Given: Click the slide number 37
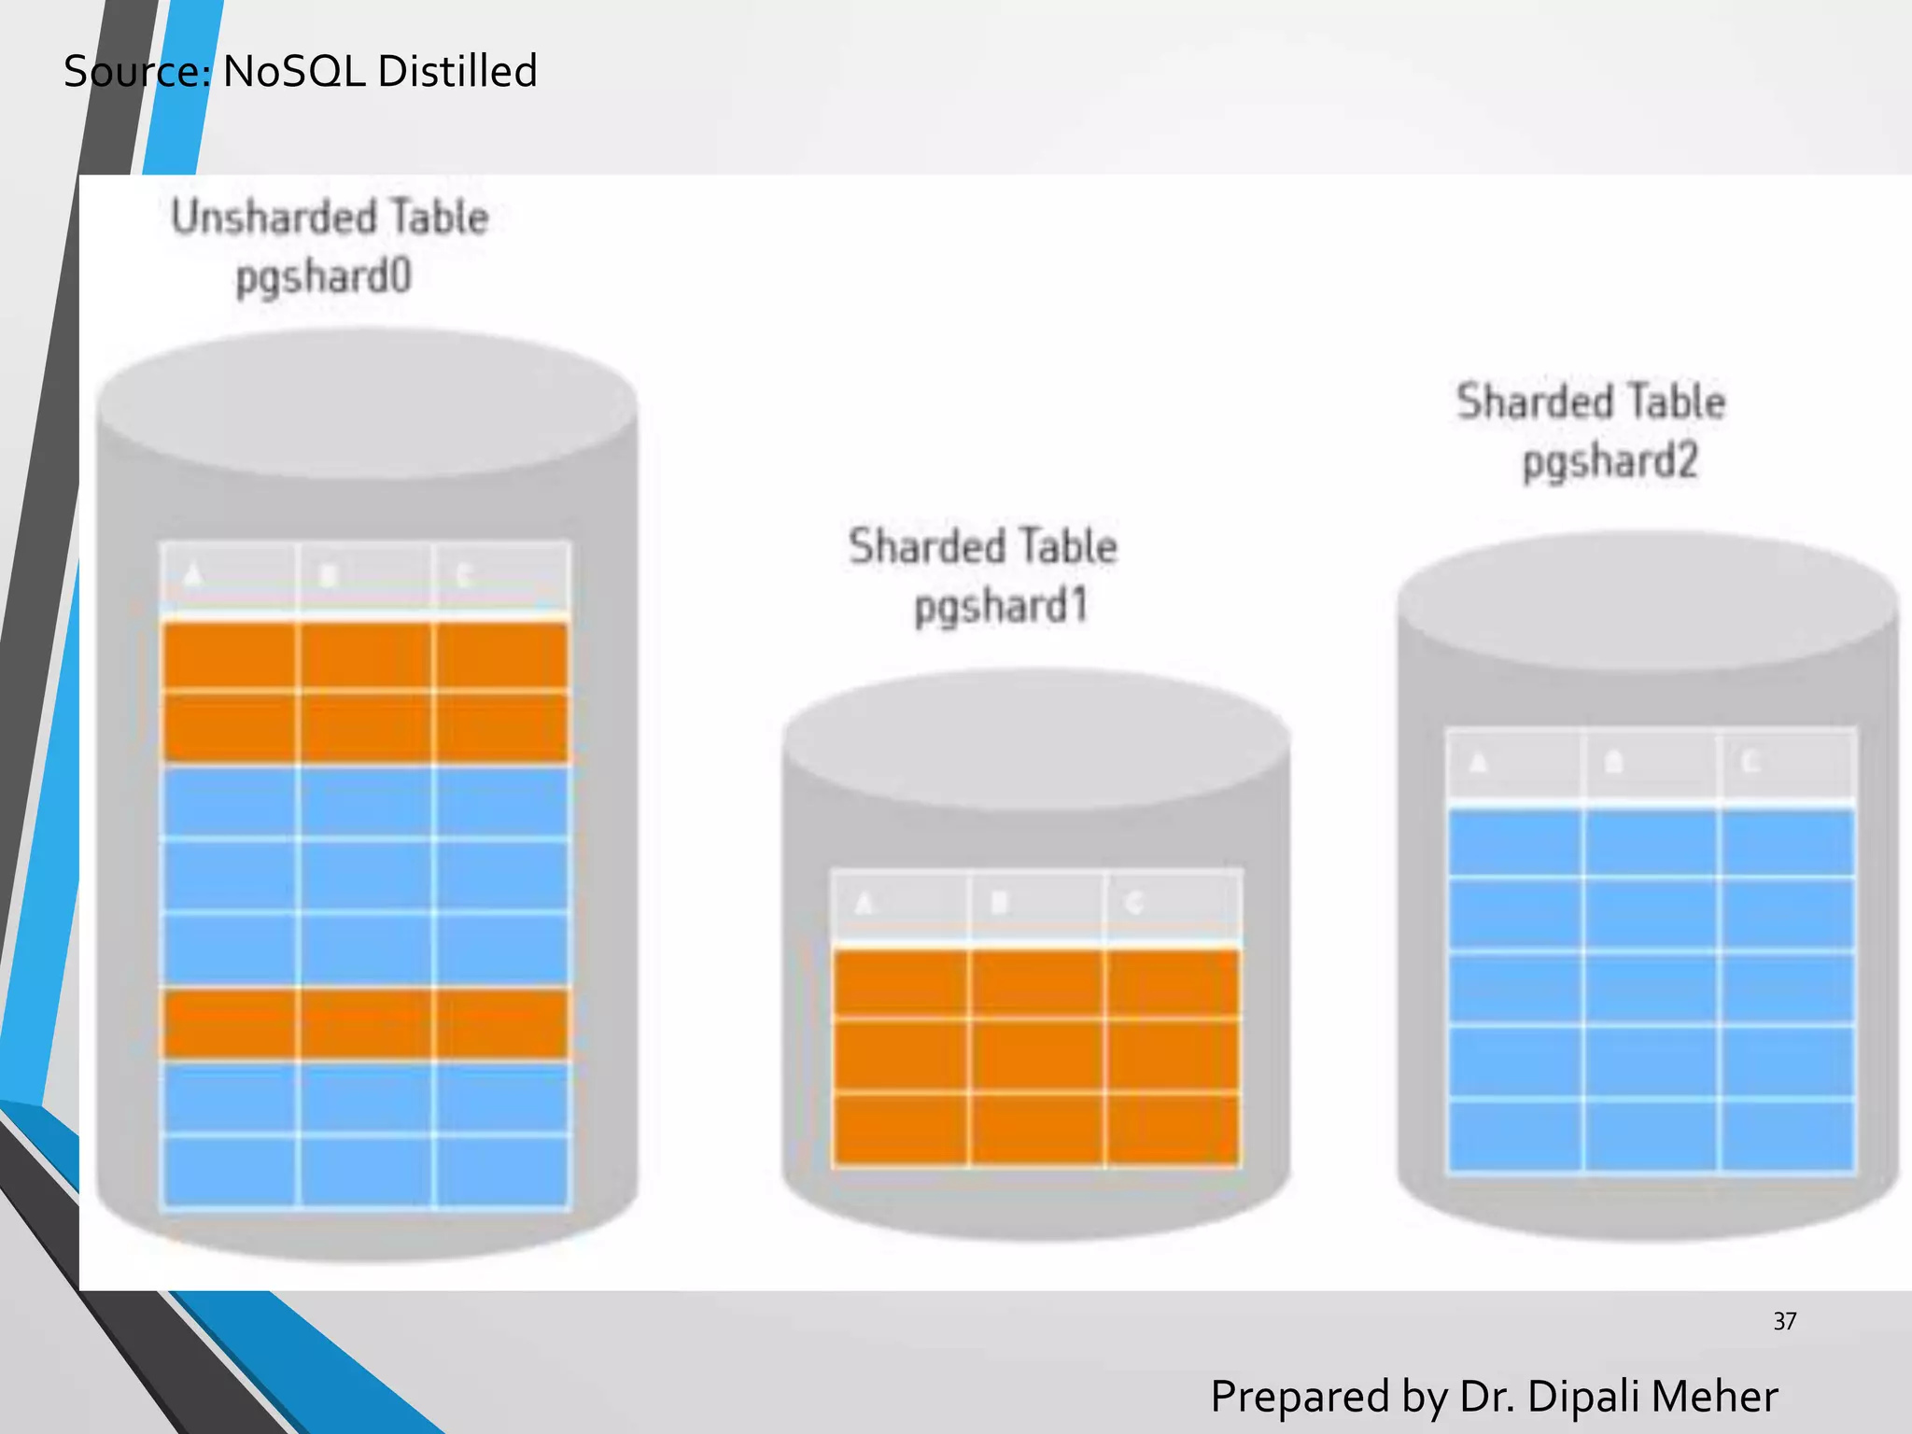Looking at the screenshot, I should coord(1784,1321).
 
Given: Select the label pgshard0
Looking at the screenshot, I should coord(323,277).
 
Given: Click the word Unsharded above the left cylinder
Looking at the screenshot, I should coord(272,218).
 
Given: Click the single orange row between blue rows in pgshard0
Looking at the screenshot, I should coord(365,1024).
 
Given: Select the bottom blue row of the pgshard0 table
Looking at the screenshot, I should coord(365,1171).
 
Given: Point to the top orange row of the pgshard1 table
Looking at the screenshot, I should coord(1036,983).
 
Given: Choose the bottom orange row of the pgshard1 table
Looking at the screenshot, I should coord(1036,1130).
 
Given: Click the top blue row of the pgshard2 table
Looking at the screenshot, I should coord(1651,843).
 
